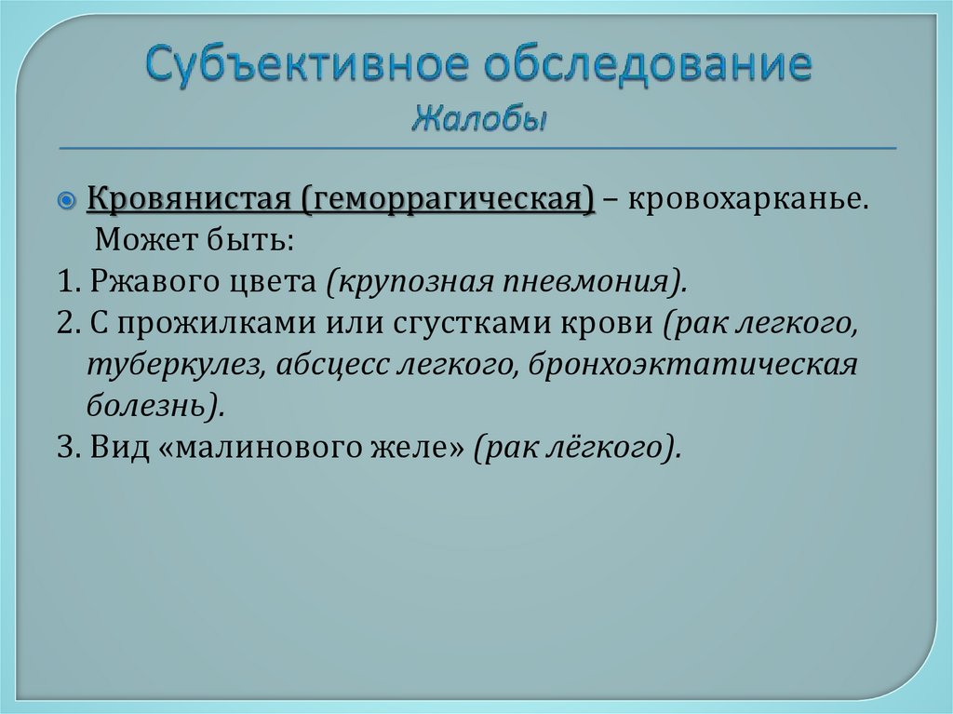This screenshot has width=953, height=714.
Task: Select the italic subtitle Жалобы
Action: point(479,119)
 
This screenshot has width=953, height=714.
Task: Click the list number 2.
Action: point(62,323)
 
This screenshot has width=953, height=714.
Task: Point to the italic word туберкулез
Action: point(168,364)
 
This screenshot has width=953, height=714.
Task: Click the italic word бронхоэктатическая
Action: point(693,364)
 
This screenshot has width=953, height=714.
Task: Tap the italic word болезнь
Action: point(149,405)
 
